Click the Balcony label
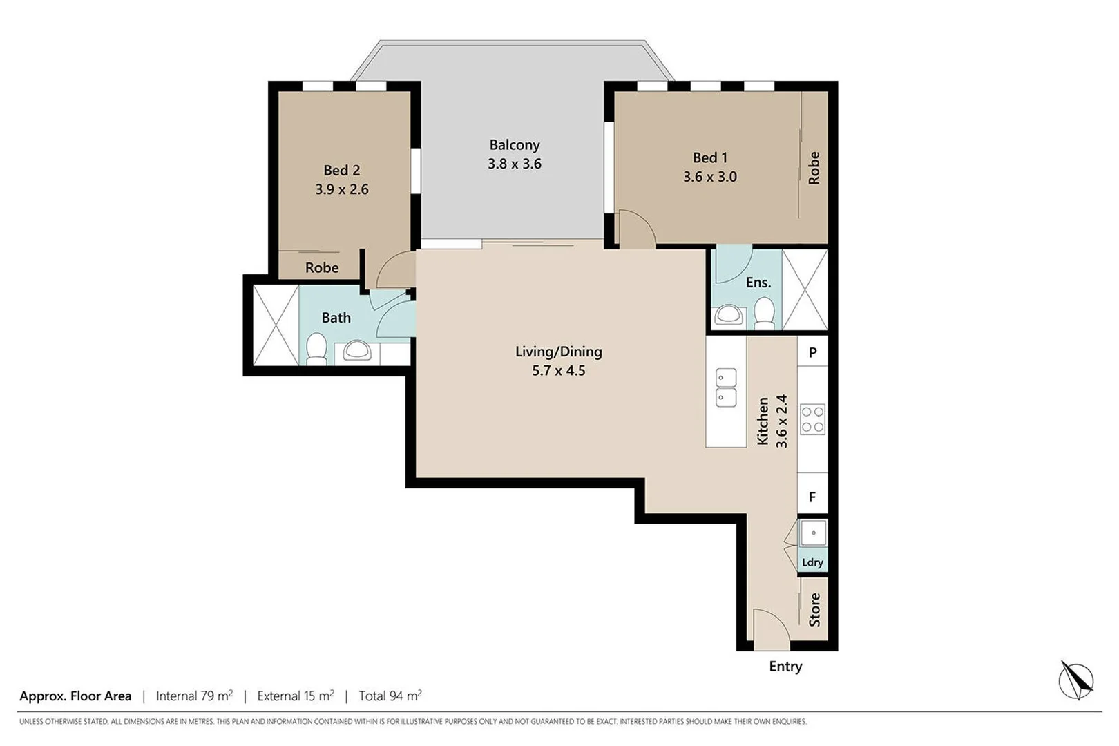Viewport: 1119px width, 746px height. coord(514,145)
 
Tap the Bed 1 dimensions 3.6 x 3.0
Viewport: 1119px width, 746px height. coord(709,177)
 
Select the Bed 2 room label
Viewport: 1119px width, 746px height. coord(341,170)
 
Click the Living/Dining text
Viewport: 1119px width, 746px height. coord(558,352)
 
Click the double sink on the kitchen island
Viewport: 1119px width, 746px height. coord(725,388)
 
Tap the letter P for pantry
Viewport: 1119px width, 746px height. coord(812,352)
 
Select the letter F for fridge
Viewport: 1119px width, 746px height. coord(812,497)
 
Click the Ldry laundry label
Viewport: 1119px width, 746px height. coord(812,562)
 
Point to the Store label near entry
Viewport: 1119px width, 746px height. coord(814,609)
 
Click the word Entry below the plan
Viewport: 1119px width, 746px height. coord(785,667)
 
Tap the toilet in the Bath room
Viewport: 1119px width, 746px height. coord(316,348)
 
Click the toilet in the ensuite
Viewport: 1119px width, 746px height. coord(764,313)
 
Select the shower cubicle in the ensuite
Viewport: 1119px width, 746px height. coord(805,289)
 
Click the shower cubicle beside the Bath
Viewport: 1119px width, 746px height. coord(276,325)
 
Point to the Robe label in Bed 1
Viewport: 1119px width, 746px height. coord(814,168)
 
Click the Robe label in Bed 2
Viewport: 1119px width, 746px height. coord(322,267)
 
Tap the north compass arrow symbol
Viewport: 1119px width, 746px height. coord(1075,680)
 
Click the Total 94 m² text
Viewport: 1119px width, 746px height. coord(390,696)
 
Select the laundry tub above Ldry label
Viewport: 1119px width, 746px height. coord(813,533)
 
